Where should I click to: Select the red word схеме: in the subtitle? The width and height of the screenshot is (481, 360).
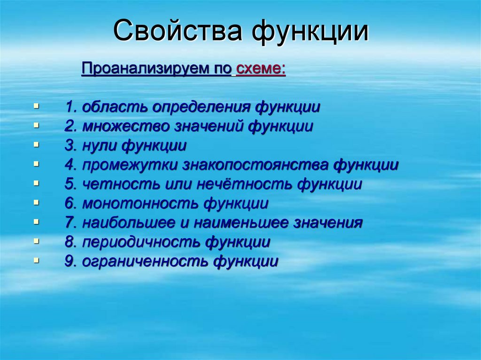click(261, 69)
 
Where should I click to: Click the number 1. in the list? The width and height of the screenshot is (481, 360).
click(71, 107)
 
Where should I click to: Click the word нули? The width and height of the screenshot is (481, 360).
click(100, 146)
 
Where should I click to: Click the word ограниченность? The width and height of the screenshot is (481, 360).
click(145, 261)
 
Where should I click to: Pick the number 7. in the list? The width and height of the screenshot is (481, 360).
click(71, 223)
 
